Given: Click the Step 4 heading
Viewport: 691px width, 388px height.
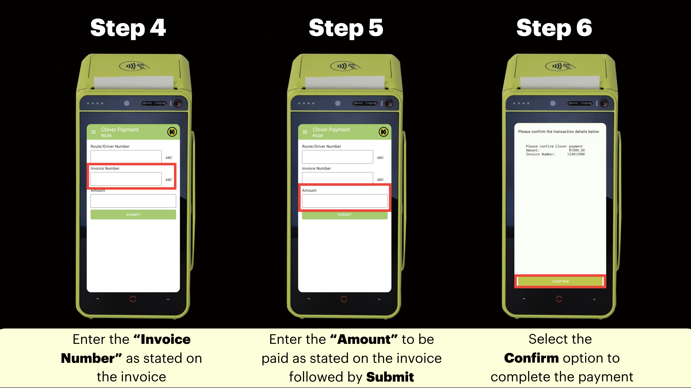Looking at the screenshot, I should point(128,28).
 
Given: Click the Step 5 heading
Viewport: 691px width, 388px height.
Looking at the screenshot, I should point(346,28).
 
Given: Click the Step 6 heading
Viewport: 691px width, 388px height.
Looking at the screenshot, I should point(554,28).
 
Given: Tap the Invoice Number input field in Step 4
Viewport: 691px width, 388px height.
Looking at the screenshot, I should point(126,179).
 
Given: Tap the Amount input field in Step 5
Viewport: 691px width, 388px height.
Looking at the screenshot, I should point(344,201).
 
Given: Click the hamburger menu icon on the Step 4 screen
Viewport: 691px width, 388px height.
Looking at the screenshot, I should point(93,132).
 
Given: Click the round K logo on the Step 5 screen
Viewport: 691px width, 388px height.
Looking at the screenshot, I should point(383,132).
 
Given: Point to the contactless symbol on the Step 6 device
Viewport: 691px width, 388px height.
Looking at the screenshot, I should point(560,66).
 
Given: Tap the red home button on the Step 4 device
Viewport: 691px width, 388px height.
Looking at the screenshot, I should point(133,299).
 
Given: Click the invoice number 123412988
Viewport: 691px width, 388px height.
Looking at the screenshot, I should point(576,154).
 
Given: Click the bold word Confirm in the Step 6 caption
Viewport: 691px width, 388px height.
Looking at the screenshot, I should point(531,358).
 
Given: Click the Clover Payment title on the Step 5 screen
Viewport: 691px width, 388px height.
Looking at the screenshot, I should point(331,130).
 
